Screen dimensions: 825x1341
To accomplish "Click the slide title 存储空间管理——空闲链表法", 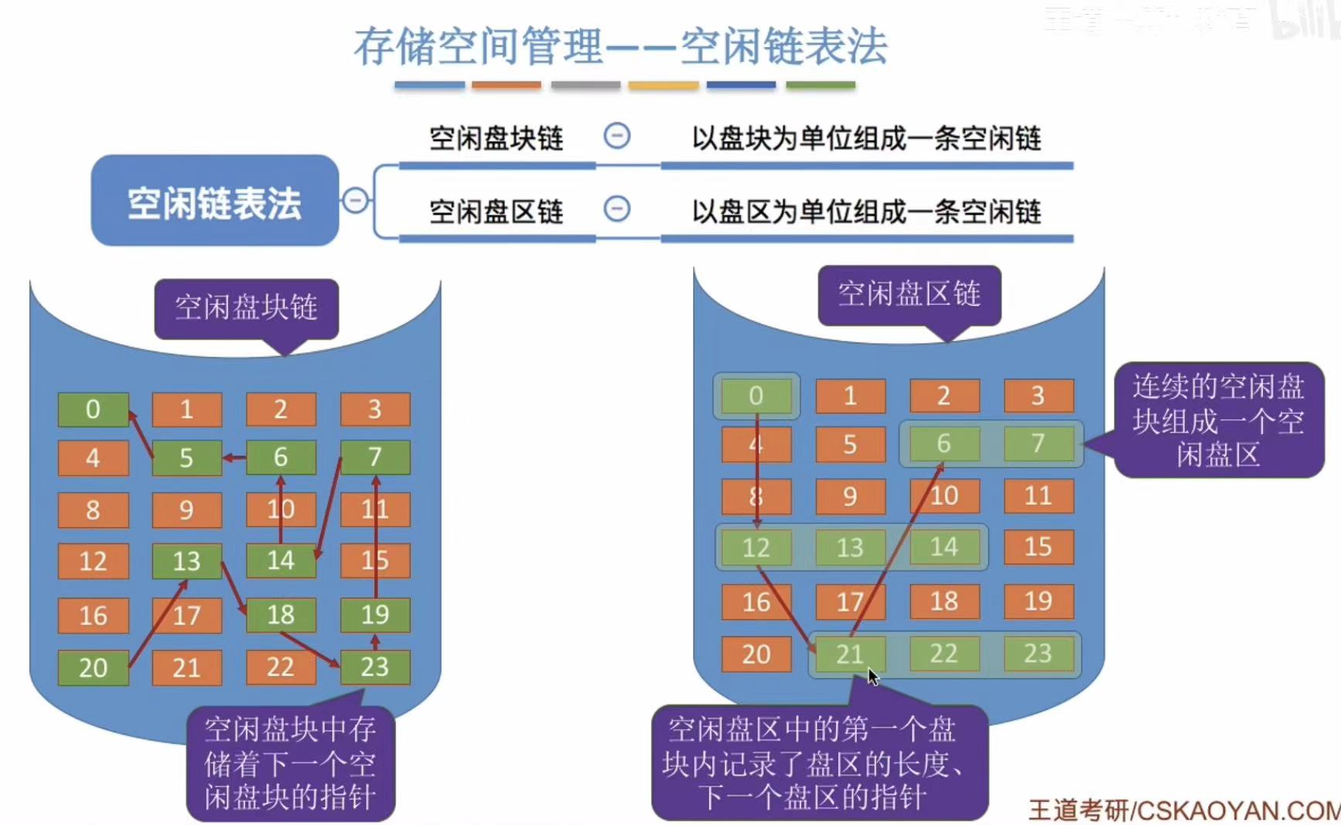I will click(620, 46).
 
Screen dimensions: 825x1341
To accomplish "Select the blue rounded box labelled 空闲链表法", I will click(214, 202).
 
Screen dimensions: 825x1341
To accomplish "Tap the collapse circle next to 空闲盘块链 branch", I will click(616, 137).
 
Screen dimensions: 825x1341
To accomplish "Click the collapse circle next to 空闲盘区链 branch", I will click(616, 209).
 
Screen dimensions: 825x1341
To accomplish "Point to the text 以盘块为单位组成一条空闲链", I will click(866, 139).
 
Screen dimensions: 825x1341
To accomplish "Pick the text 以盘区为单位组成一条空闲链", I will click(866, 211).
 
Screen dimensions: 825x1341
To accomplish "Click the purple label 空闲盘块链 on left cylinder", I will click(246, 308).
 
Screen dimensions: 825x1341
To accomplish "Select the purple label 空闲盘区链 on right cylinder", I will click(909, 295).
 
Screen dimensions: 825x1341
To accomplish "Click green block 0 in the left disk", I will click(93, 410).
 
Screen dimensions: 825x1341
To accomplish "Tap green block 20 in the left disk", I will click(93, 667).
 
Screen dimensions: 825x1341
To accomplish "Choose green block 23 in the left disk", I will click(375, 667).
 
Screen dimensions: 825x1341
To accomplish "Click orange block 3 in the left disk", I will click(375, 410).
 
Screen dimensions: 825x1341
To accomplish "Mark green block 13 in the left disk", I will click(186, 561).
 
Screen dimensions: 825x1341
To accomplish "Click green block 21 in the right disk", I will click(849, 654).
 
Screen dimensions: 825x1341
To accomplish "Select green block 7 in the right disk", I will click(1038, 444).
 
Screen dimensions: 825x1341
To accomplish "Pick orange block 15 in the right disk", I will click(1038, 547).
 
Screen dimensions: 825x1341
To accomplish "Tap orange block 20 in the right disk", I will click(756, 654).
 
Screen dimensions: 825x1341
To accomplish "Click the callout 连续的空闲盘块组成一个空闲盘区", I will click(1218, 420).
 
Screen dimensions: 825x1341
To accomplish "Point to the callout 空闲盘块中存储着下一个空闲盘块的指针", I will click(290, 763).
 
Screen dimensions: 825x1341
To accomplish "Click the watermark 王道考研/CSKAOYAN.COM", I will click(1183, 810).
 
